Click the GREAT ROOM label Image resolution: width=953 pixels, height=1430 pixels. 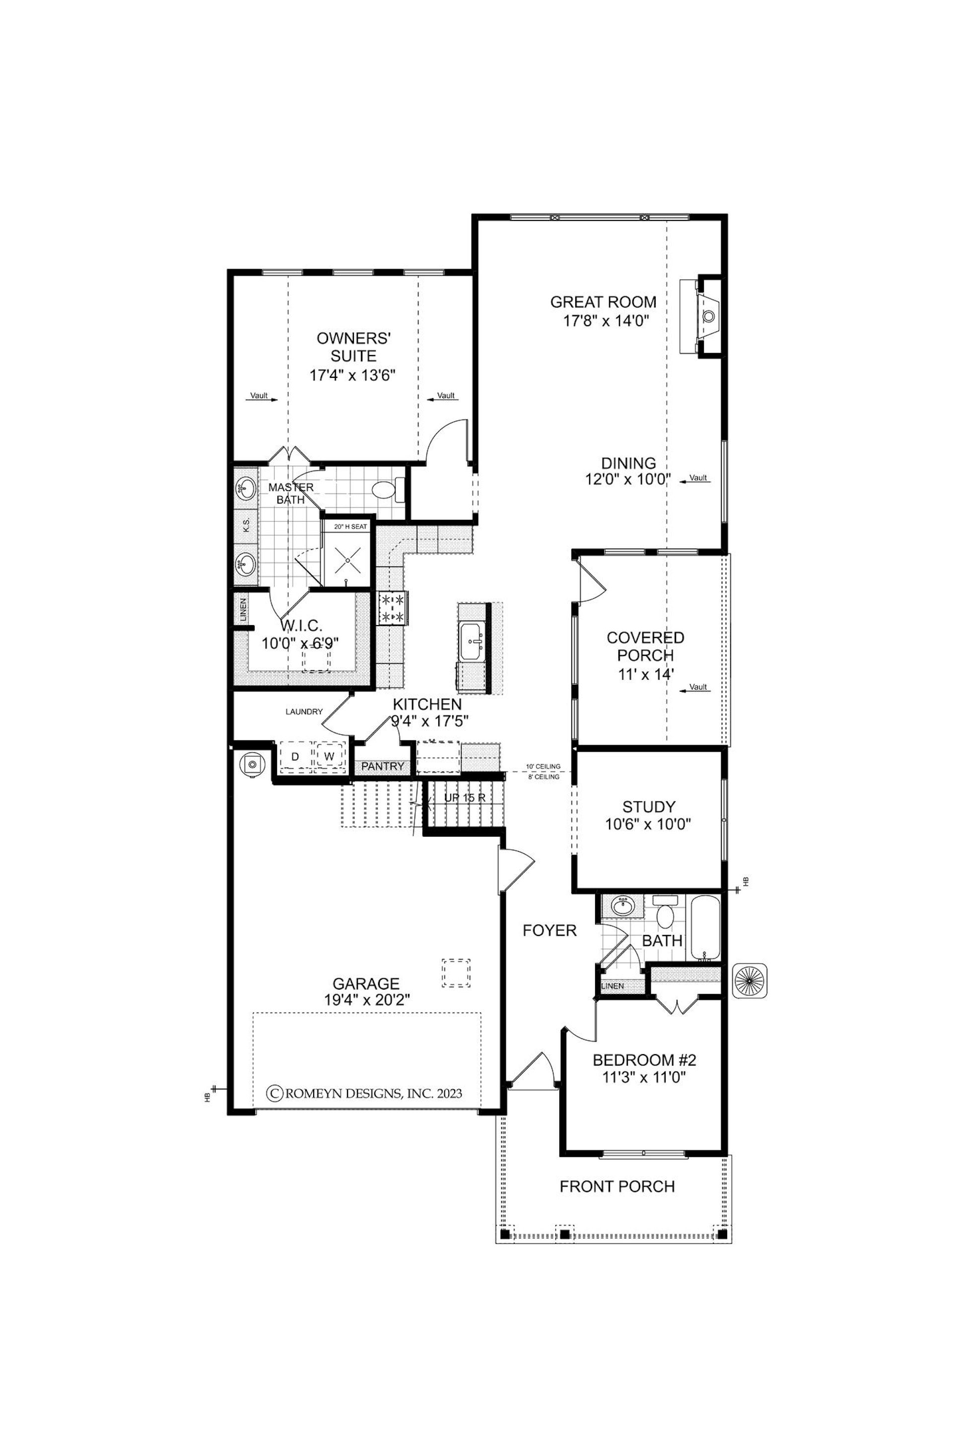[x=603, y=301]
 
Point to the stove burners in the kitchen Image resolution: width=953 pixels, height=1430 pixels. [x=392, y=608]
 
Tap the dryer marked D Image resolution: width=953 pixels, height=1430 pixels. [x=295, y=756]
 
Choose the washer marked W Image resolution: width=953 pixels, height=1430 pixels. [x=329, y=756]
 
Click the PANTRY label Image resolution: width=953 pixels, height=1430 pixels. [x=382, y=766]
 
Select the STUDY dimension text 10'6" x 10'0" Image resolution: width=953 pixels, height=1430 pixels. [x=649, y=824]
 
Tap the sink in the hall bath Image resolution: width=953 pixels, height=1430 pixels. [x=621, y=907]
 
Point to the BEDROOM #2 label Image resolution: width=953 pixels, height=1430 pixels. [x=644, y=1061]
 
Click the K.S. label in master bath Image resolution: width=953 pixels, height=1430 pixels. [x=247, y=525]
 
